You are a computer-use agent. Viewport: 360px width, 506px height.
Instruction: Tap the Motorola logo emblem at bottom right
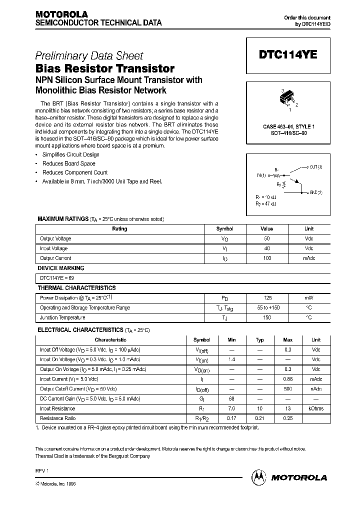point(259,477)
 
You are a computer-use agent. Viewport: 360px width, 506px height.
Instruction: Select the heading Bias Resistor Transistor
point(105,68)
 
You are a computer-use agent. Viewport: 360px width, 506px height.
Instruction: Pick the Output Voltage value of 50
point(267,238)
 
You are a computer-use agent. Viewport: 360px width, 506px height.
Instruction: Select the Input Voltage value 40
point(267,248)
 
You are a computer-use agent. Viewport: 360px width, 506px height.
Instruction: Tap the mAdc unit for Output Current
point(309,258)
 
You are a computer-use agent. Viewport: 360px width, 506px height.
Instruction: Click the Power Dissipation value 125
point(267,298)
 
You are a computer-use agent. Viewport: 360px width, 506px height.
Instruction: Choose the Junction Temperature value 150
point(267,318)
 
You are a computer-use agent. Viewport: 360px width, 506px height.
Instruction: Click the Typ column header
point(260,340)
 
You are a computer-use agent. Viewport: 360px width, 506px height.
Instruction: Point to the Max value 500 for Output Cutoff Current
point(287,389)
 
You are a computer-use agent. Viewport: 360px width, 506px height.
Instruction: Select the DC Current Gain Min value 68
point(231,399)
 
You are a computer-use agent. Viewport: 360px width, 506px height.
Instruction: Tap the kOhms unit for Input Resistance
point(316,409)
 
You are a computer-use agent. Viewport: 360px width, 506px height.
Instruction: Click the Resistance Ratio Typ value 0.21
point(260,418)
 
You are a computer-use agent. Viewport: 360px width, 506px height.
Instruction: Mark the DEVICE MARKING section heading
point(61,268)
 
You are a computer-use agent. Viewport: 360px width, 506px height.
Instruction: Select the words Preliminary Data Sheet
point(89,56)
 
